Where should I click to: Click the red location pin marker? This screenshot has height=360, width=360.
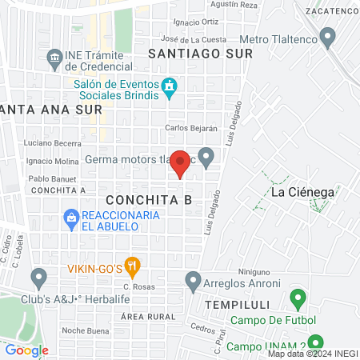pyautogui.click(x=181, y=162)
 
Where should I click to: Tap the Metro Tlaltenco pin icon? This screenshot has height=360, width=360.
pyautogui.click(x=326, y=37)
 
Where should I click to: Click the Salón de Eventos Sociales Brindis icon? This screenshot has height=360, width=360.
pyautogui.click(x=169, y=86)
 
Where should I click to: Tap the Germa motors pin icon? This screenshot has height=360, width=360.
pyautogui.click(x=206, y=157)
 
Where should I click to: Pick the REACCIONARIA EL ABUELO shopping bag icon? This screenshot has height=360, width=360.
pyautogui.click(x=70, y=217)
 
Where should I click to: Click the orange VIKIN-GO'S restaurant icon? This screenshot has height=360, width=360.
pyautogui.click(x=133, y=266)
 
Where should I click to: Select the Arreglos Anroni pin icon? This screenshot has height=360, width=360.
pyautogui.click(x=193, y=281)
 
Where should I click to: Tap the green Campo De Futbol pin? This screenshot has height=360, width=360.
pyautogui.click(x=298, y=301)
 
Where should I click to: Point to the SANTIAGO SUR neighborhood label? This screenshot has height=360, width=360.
pyautogui.click(x=200, y=53)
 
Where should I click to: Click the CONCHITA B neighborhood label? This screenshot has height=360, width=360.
pyautogui.click(x=149, y=200)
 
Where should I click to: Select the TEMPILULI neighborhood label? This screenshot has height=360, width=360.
pyautogui.click(x=234, y=306)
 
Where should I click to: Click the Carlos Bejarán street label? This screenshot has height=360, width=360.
pyautogui.click(x=191, y=128)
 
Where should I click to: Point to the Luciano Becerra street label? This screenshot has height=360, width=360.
pyautogui.click(x=53, y=143)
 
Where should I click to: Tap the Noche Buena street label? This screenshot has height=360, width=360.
pyautogui.click(x=85, y=330)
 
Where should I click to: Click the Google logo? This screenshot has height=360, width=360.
pyautogui.click(x=26, y=350)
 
